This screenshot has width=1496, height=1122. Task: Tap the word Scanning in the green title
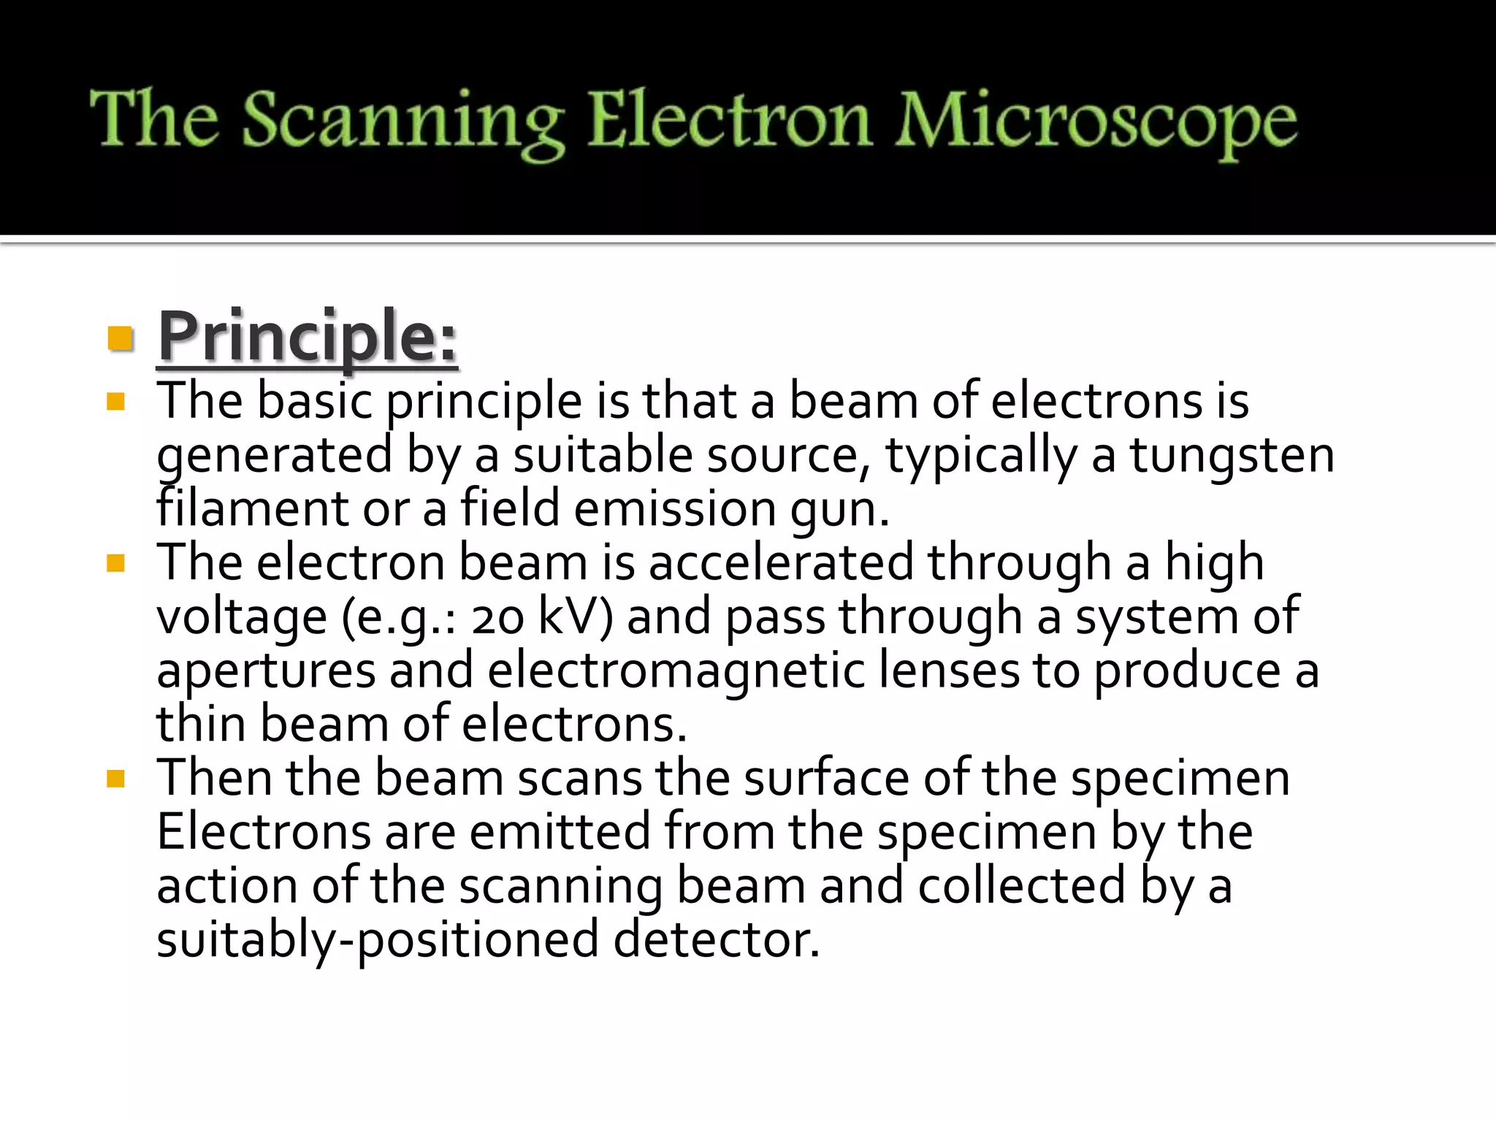(402, 121)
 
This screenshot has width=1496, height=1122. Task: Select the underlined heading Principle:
(308, 337)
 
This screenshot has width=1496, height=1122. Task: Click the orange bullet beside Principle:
(119, 338)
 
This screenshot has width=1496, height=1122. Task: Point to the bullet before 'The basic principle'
(115, 402)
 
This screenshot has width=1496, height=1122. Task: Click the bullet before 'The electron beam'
(115, 563)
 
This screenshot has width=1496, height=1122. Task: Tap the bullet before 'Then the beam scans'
(115, 779)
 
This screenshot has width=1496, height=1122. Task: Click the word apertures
(266, 671)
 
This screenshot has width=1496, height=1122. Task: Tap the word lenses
(948, 671)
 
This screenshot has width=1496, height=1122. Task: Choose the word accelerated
(781, 563)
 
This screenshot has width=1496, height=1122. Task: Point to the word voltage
(242, 617)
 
